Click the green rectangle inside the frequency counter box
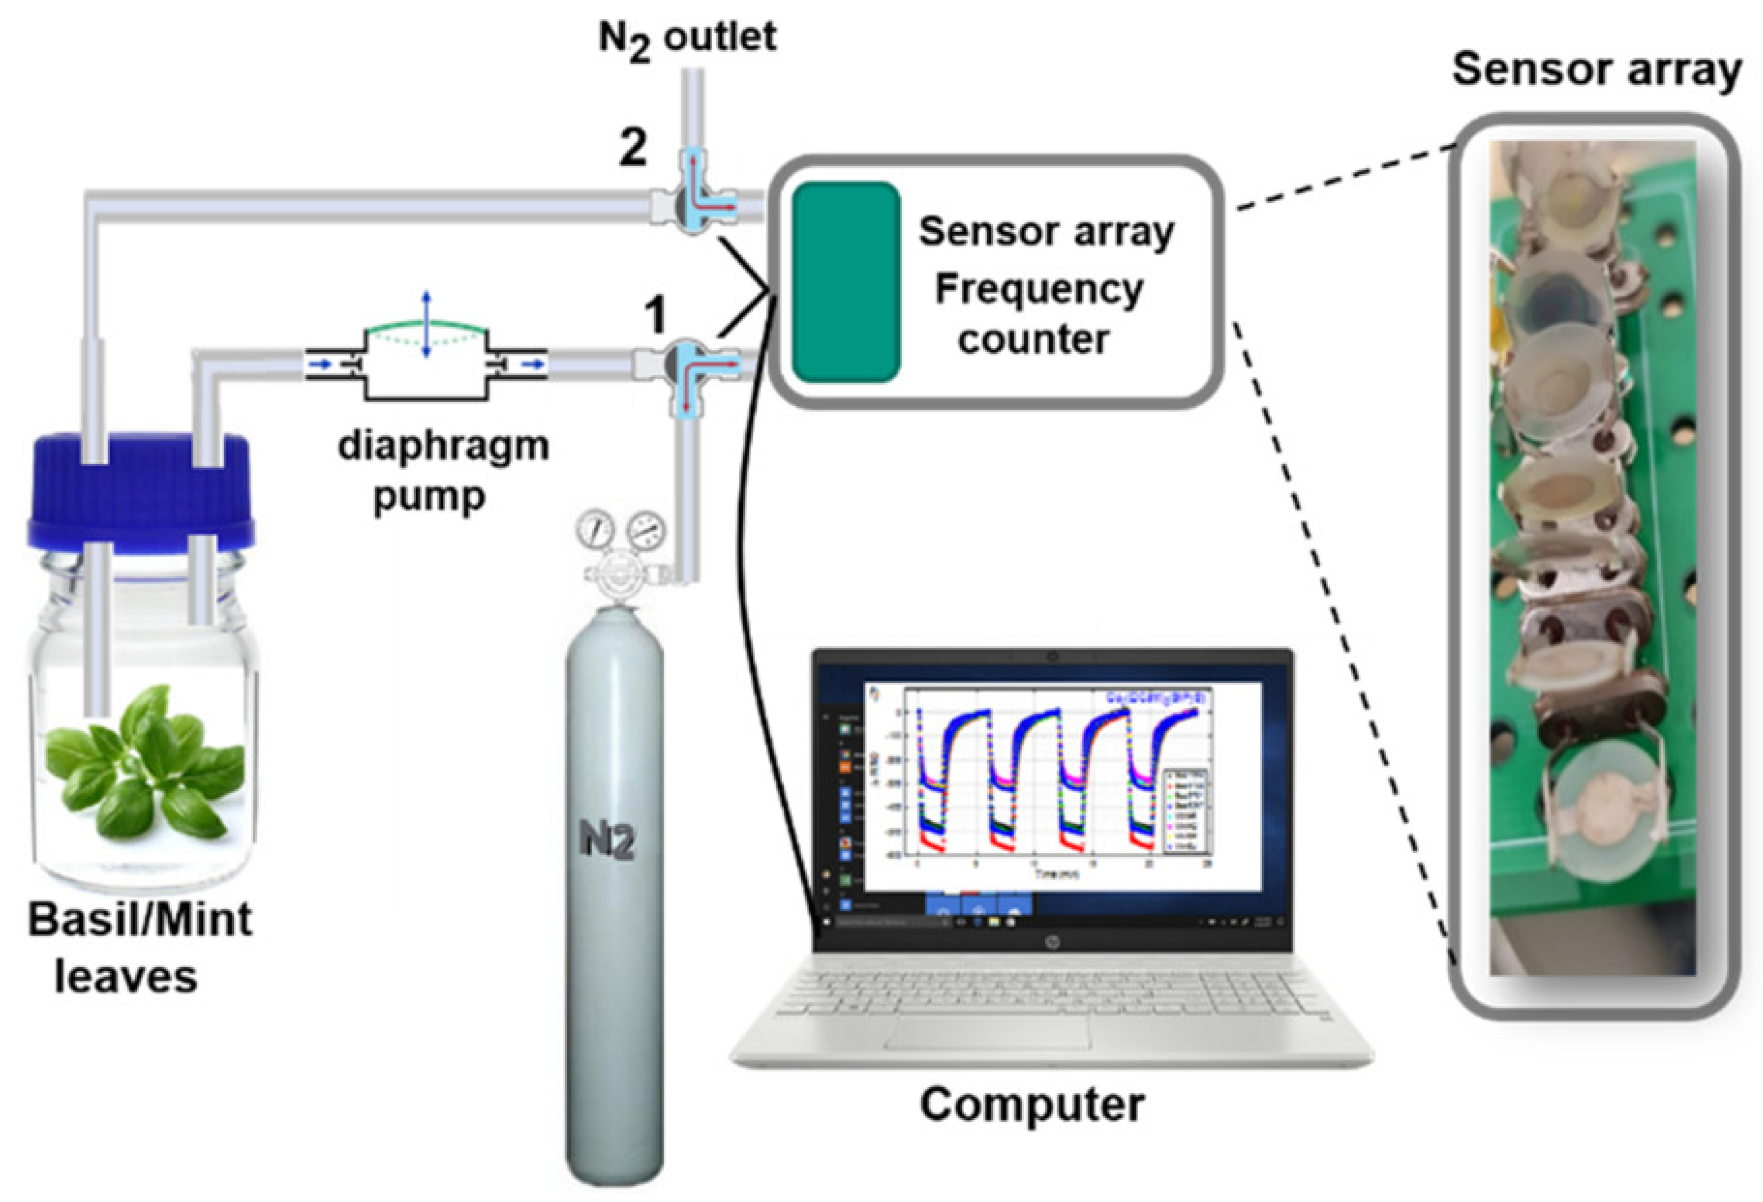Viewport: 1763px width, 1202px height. pos(846,282)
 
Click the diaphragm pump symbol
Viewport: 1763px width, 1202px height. pos(425,363)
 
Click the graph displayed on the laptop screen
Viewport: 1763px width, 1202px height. pos(1062,784)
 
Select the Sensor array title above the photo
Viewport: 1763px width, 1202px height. pos(1596,70)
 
